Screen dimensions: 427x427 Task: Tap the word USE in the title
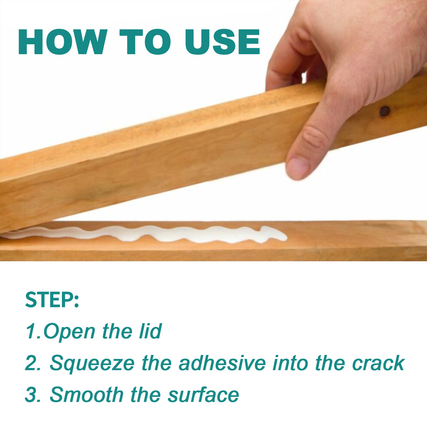pyautogui.click(x=222, y=42)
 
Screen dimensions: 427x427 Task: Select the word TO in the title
pyautogui.click(x=145, y=42)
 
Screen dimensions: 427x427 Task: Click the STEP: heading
pyautogui.click(x=52, y=300)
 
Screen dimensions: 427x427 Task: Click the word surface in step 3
pyautogui.click(x=203, y=395)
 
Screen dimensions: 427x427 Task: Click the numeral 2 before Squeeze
pyautogui.click(x=32, y=363)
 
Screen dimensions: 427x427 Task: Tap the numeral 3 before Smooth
pyautogui.click(x=32, y=395)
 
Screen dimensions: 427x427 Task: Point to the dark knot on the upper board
pyautogui.click(x=385, y=111)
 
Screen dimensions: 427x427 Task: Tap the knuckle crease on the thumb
pyautogui.click(x=314, y=137)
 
